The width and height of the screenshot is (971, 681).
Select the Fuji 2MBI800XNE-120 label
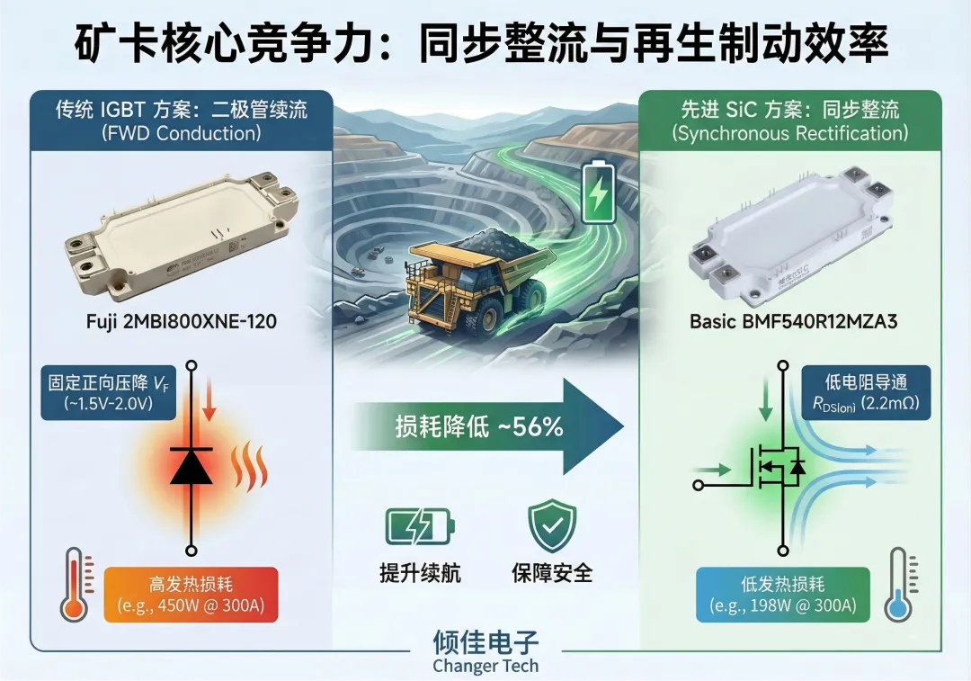pyautogui.click(x=175, y=319)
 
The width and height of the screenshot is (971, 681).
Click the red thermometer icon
pyautogui.click(x=74, y=586)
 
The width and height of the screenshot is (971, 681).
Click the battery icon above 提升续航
pyautogui.click(x=420, y=527)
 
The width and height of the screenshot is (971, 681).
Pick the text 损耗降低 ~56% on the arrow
pyautogui.click(x=479, y=427)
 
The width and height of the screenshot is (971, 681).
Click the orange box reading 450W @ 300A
pyautogui.click(x=192, y=595)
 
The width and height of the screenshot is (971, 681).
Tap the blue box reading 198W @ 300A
pyautogui.click(x=782, y=595)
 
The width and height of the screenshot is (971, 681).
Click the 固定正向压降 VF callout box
pyautogui.click(x=98, y=392)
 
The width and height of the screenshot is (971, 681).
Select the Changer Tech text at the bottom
pyautogui.click(x=485, y=667)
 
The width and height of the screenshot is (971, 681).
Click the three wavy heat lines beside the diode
pyautogui.click(x=249, y=463)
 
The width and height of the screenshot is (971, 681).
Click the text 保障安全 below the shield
pyautogui.click(x=552, y=572)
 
